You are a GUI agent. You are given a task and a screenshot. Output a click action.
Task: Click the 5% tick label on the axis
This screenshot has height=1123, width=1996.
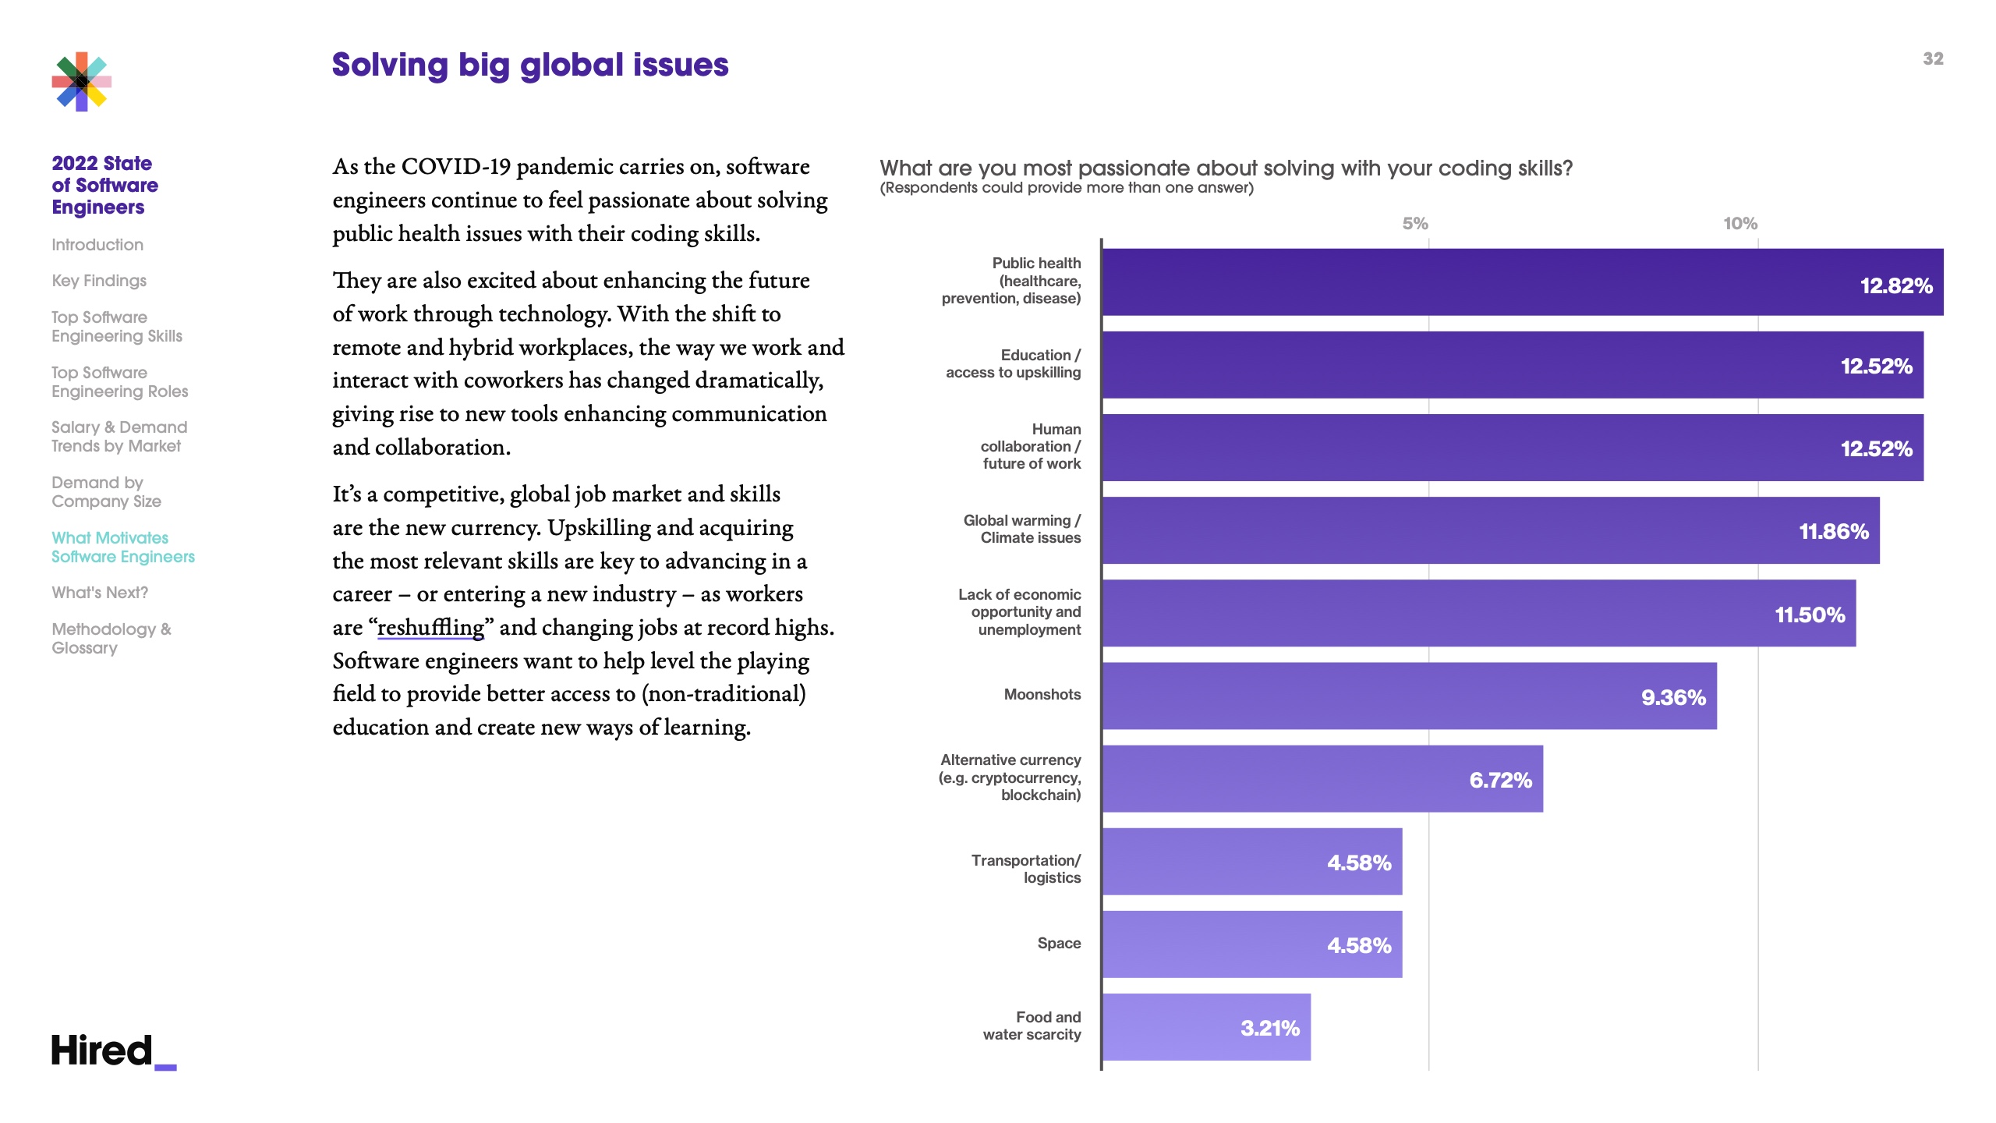click(1415, 224)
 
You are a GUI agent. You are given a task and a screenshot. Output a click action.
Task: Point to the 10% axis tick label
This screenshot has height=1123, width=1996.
click(1740, 224)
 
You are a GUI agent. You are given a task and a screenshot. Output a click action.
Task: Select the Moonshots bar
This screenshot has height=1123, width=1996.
click(1409, 696)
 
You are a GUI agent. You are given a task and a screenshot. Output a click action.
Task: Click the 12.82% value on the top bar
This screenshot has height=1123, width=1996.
click(1896, 285)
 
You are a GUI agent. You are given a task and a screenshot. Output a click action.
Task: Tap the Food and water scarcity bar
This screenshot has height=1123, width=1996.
click(1206, 1027)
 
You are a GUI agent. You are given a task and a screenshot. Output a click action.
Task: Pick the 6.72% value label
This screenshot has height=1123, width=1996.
click(1500, 780)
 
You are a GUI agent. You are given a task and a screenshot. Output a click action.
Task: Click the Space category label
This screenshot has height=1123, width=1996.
click(1059, 943)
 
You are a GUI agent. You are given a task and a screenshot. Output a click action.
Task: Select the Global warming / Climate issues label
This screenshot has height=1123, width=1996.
click(1022, 529)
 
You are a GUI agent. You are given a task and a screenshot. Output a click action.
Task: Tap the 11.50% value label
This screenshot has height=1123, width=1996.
click(1810, 615)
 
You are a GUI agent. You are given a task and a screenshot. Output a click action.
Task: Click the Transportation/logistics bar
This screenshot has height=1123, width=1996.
click(1251, 862)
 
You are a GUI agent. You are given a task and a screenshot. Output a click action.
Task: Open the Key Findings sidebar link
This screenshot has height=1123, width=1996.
click(99, 281)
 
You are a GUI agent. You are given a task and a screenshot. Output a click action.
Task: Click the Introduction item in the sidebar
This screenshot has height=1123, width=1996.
click(97, 245)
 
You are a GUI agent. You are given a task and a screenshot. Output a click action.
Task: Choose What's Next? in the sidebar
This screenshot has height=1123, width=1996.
click(100, 593)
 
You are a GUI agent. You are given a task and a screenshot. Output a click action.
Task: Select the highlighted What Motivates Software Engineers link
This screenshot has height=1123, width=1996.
click(122, 547)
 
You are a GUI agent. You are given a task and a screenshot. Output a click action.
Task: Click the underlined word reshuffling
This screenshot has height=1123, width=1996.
click(430, 628)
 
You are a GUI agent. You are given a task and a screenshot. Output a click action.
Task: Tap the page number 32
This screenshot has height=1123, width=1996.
click(1933, 59)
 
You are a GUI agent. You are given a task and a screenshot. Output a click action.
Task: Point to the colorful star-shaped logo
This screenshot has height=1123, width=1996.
click(82, 82)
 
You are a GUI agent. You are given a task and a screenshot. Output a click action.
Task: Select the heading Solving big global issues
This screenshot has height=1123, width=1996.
click(530, 65)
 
